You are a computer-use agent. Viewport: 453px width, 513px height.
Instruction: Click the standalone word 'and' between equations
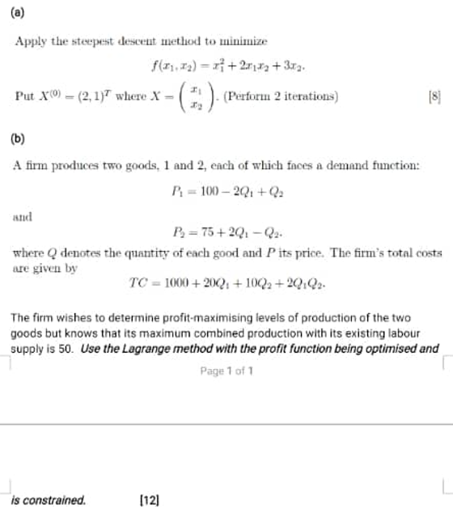(23, 217)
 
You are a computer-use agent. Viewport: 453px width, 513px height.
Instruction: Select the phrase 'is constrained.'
(48, 499)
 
